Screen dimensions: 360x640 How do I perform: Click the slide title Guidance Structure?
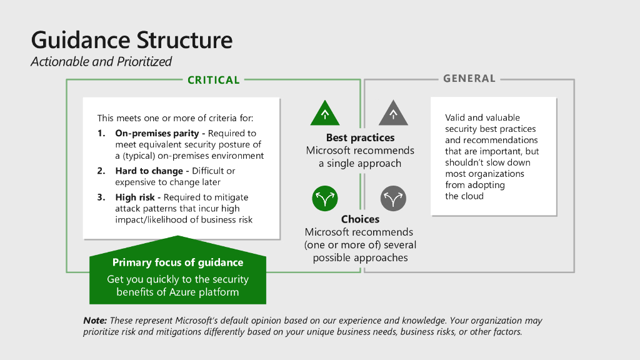pos(131,40)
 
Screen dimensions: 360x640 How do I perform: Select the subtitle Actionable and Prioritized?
pos(101,62)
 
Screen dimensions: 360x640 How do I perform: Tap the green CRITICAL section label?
pos(214,80)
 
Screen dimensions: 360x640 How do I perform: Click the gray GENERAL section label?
pos(469,79)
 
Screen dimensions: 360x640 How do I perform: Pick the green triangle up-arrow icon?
pos(325,113)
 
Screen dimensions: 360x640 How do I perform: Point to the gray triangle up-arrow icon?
pos(393,113)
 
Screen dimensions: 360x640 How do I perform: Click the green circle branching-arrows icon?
pos(324,199)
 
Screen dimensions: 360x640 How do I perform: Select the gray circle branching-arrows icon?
pos(393,199)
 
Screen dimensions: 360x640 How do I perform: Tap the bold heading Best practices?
pos(360,137)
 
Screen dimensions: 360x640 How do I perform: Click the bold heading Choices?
pos(360,219)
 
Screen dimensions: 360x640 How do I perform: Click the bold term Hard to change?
pos(149,171)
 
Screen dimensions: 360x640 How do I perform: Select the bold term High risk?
pos(136,197)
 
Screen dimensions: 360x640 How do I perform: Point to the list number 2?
pos(101,171)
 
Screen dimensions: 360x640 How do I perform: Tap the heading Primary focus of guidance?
pos(177,262)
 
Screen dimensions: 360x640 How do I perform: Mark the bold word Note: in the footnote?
pos(95,321)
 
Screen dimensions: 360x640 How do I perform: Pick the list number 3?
pos(101,197)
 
